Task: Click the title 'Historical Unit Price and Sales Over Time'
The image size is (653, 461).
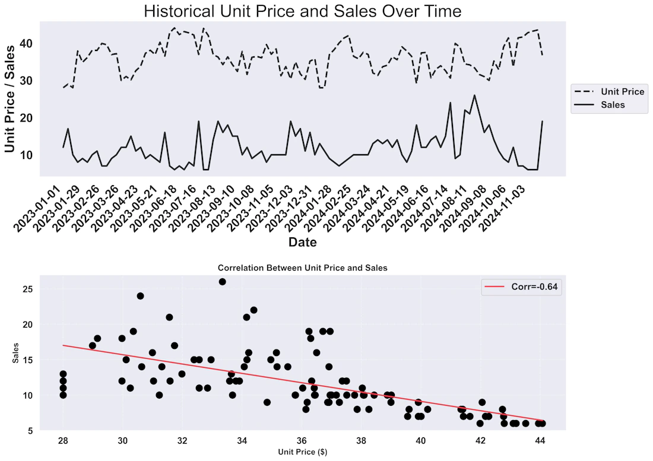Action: pyautogui.click(x=302, y=11)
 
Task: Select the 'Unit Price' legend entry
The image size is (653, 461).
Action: pyautogui.click(x=609, y=91)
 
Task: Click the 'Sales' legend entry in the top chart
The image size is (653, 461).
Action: pyautogui.click(x=600, y=105)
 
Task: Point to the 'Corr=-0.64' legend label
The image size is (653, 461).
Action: pyautogui.click(x=521, y=287)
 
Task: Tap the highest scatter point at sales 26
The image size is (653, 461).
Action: pyautogui.click(x=223, y=282)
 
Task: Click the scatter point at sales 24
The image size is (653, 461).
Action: pyautogui.click(x=140, y=296)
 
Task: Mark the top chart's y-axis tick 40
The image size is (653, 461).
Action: pyautogui.click(x=27, y=43)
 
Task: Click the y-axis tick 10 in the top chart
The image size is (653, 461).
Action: pyautogui.click(x=27, y=155)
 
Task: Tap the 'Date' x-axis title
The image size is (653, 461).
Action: pyautogui.click(x=303, y=242)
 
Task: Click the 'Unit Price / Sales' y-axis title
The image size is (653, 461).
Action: pyautogui.click(x=9, y=99)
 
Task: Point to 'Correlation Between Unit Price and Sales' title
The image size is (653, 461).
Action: pyautogui.click(x=303, y=268)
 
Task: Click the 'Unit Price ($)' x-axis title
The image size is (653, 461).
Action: pyautogui.click(x=303, y=452)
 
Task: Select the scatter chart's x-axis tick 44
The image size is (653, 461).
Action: pyautogui.click(x=540, y=441)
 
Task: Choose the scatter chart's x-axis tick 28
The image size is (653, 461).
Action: pyautogui.click(x=63, y=441)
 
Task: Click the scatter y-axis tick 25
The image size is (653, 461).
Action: pyautogui.click(x=28, y=289)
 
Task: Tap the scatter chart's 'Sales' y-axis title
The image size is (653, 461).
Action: pyautogui.click(x=16, y=353)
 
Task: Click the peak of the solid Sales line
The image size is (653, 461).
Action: pyautogui.click(x=474, y=96)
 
